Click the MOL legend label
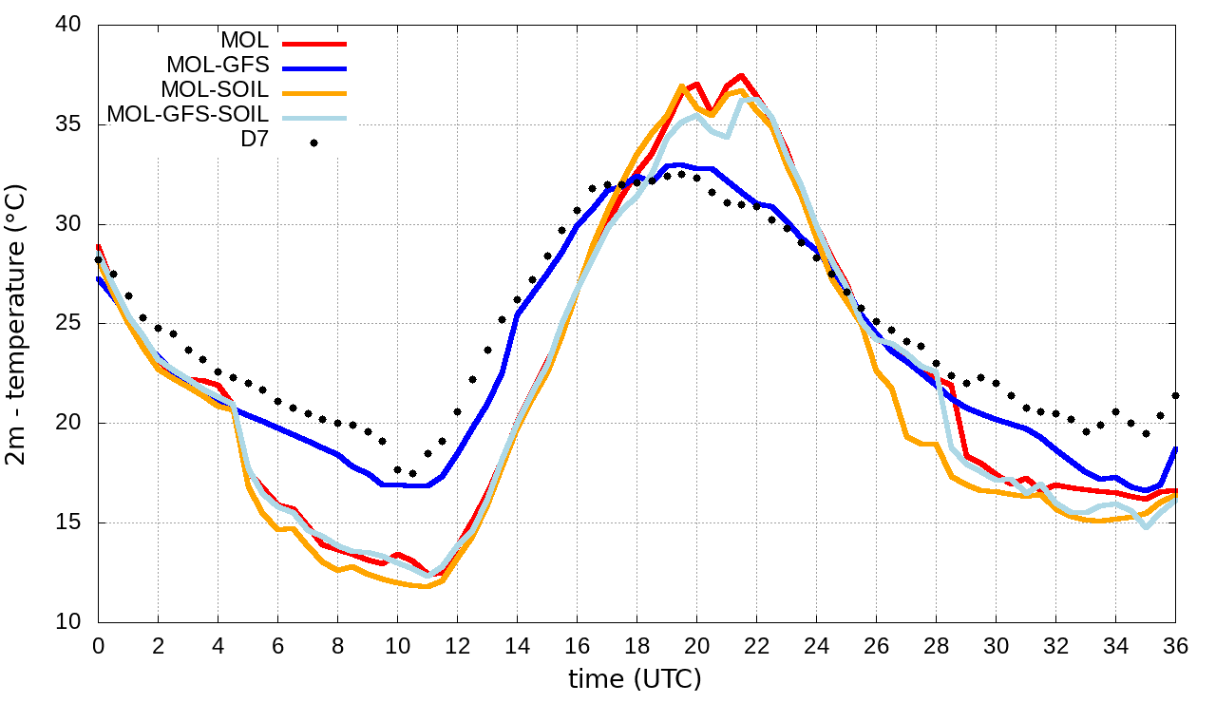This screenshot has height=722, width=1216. pyautogui.click(x=245, y=41)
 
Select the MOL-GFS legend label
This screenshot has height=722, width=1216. pyautogui.click(x=218, y=66)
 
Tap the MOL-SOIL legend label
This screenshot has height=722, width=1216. pyautogui.click(x=216, y=90)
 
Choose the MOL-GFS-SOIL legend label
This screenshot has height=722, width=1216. pyautogui.click(x=188, y=115)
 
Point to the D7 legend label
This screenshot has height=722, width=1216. pyautogui.click(x=255, y=140)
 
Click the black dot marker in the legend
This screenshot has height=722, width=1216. pyautogui.click(x=313, y=142)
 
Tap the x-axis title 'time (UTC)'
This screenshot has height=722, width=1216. pyautogui.click(x=635, y=679)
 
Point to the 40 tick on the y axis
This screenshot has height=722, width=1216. pyautogui.click(x=72, y=26)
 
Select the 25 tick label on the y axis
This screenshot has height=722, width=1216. pyautogui.click(x=72, y=324)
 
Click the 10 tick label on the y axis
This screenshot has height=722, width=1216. pyautogui.click(x=72, y=622)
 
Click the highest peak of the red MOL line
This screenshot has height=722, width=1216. pyautogui.click(x=741, y=75)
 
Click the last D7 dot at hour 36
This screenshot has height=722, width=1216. pyautogui.click(x=1176, y=395)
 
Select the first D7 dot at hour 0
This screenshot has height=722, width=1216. pyautogui.click(x=98, y=259)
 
